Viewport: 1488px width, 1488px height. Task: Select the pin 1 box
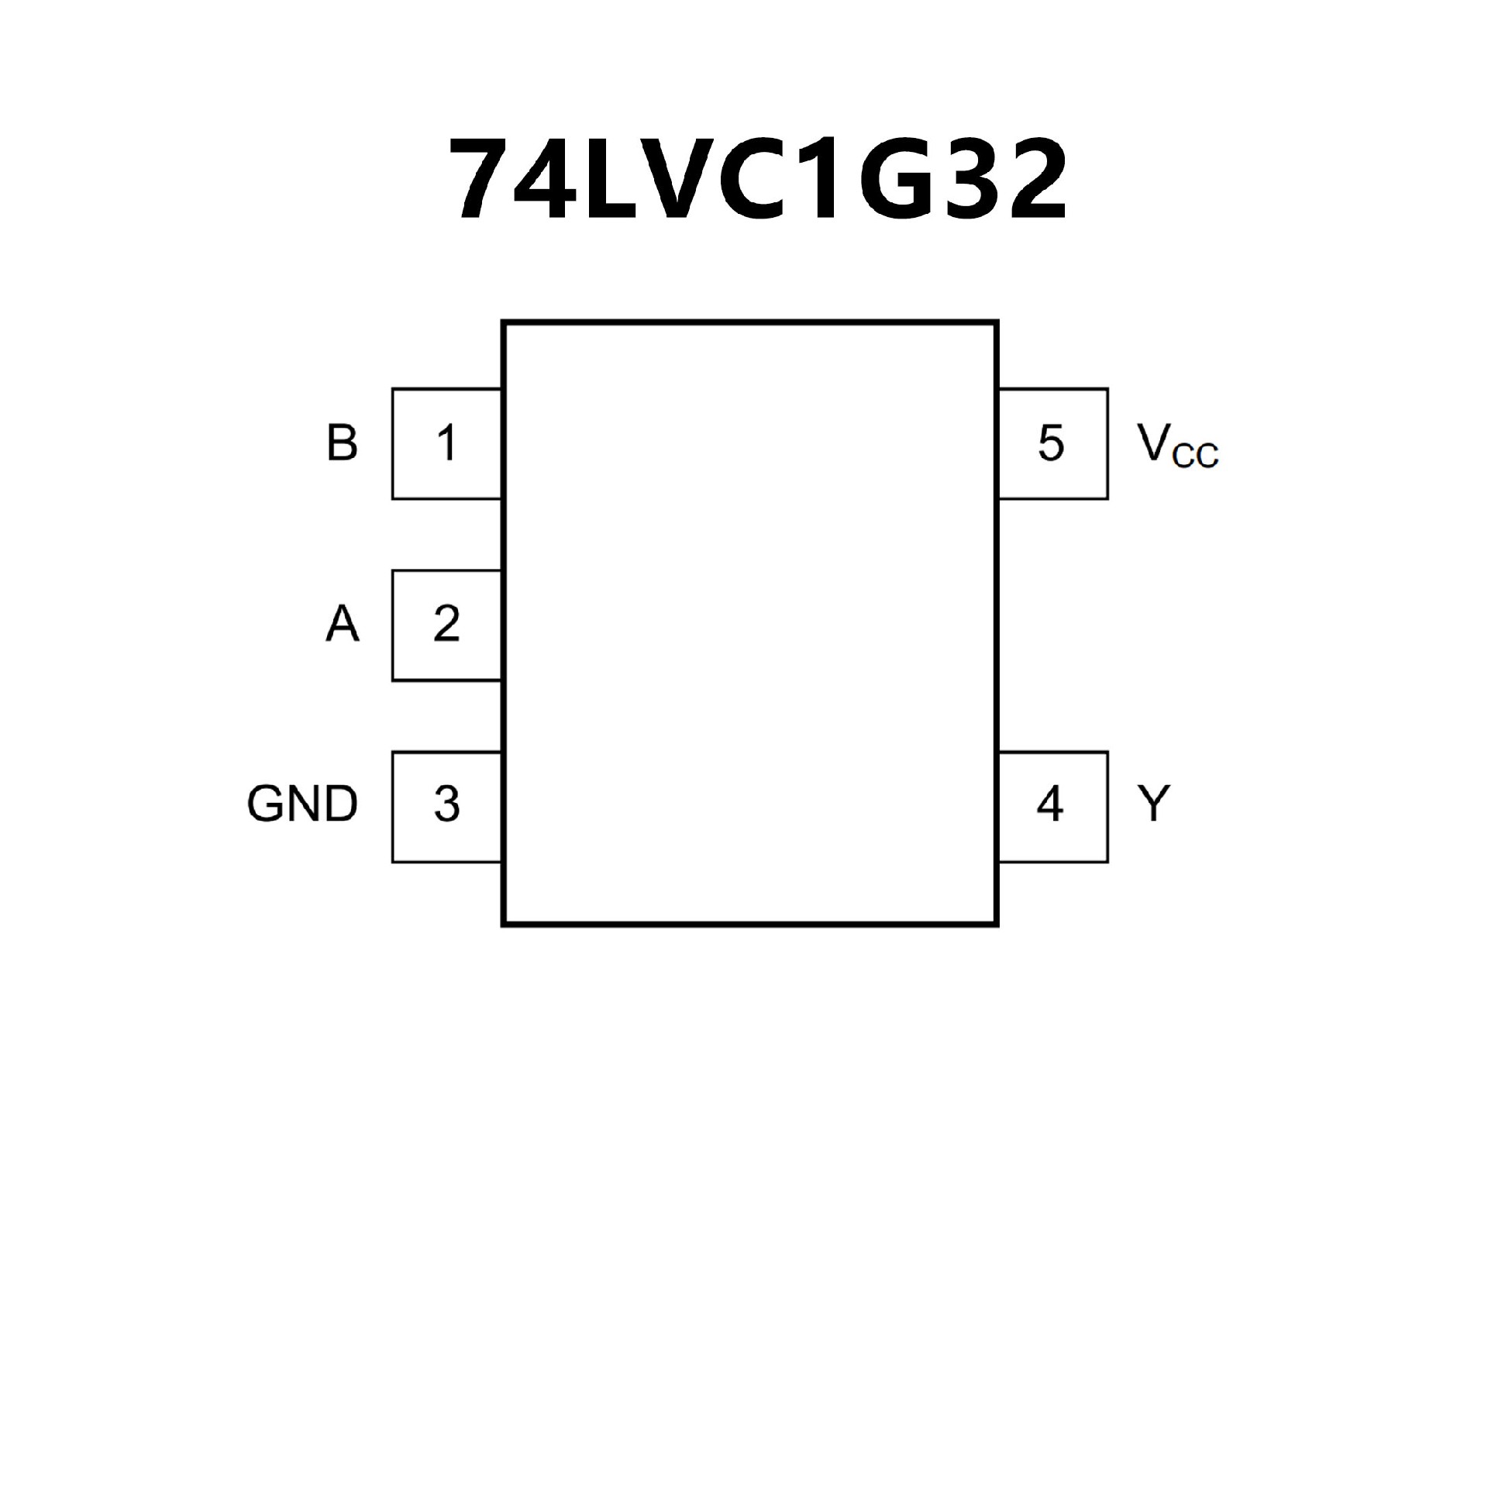[446, 443]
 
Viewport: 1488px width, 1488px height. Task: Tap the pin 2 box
[446, 625]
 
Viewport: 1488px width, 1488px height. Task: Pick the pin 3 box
[446, 806]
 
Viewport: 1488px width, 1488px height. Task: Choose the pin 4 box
[1052, 806]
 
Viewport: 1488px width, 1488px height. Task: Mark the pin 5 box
[1052, 443]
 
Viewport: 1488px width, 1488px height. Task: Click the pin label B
[342, 443]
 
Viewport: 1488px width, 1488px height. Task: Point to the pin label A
[342, 625]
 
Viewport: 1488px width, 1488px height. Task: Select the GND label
[302, 804]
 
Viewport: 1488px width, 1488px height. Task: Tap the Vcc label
[1176, 446]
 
